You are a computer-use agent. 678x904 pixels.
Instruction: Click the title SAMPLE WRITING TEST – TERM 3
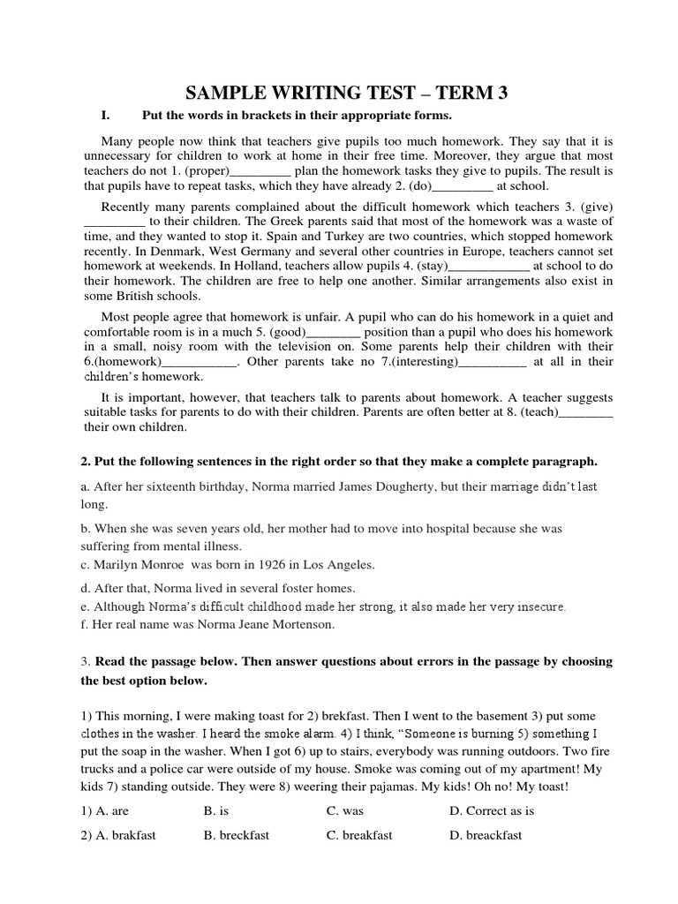(347, 93)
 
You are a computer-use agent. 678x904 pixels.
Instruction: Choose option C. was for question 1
(345, 810)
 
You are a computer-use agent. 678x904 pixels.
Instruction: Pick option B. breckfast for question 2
(237, 835)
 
